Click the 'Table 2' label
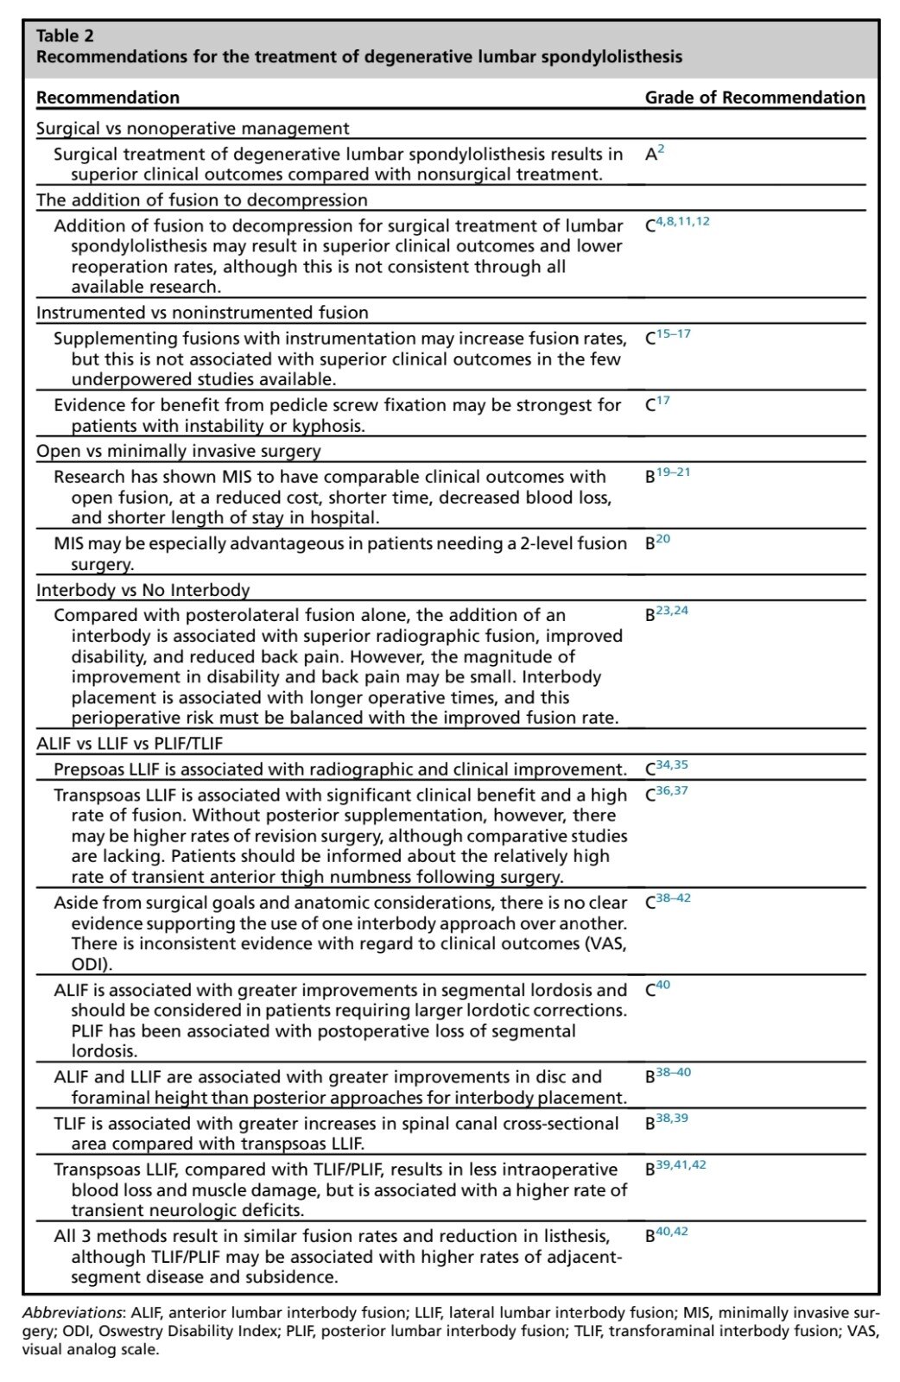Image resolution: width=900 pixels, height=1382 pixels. pyautogui.click(x=65, y=35)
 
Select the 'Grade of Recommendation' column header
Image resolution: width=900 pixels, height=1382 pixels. pyautogui.click(x=754, y=98)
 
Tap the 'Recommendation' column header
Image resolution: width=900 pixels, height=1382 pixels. pyautogui.click(x=108, y=98)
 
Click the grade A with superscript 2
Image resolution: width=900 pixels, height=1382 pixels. pyautogui.click(x=654, y=154)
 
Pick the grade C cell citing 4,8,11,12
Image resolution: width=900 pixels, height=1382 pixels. pyautogui.click(x=677, y=225)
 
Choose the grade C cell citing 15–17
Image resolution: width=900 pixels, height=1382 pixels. pyautogui.click(x=668, y=337)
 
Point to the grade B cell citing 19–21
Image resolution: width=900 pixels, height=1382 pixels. pyautogui.click(x=668, y=475)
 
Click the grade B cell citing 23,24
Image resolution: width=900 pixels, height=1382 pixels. pyautogui.click(x=666, y=614)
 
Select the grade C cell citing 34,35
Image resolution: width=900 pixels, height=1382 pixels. pyautogui.click(x=666, y=768)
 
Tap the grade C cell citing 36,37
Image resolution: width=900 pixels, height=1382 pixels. pyautogui.click(x=666, y=794)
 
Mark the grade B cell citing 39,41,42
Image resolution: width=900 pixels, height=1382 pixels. pyautogui.click(x=675, y=1168)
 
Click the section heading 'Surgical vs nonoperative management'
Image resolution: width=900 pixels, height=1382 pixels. pyautogui.click(x=193, y=129)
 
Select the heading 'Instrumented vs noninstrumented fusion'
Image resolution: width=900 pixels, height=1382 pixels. pyautogui.click(x=202, y=313)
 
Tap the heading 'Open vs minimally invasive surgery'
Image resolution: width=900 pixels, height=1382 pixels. pyautogui.click(x=178, y=451)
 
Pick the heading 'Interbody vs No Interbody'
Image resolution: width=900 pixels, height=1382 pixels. pyautogui.click(x=143, y=590)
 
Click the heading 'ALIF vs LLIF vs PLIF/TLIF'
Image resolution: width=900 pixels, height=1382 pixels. pyautogui.click(x=130, y=743)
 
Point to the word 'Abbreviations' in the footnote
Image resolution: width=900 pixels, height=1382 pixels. pyautogui.click(x=73, y=1313)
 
